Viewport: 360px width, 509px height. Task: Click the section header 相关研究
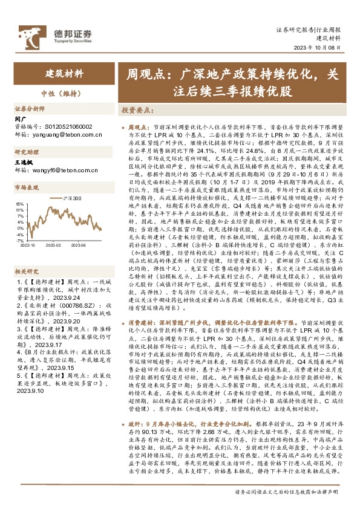point(26,254)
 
